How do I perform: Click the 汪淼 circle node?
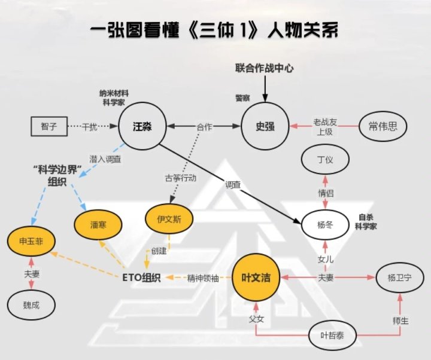pyautogui.click(x=142, y=127)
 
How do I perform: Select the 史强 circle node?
pyautogui.click(x=265, y=127)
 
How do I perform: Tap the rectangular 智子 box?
pyautogui.click(x=49, y=127)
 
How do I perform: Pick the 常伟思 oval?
pyautogui.click(x=383, y=127)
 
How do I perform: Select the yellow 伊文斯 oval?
pyautogui.click(x=171, y=219)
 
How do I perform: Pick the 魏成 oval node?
pyautogui.click(x=31, y=304)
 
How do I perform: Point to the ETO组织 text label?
pyautogui.click(x=139, y=278)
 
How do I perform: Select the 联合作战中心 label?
pyautogui.click(x=264, y=68)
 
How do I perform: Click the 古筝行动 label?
pyautogui.click(x=180, y=178)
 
